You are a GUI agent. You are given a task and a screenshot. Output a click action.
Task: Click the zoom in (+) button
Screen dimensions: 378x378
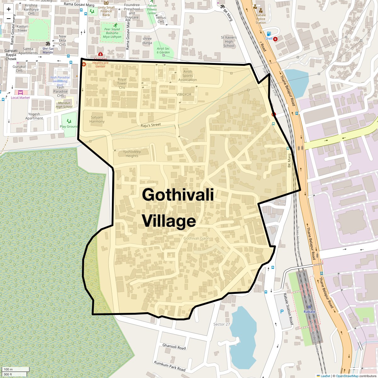pos(9,9)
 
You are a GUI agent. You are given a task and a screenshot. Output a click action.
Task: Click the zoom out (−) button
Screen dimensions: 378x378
pos(9,19)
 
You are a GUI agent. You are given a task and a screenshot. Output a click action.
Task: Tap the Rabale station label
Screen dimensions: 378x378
pos(309,312)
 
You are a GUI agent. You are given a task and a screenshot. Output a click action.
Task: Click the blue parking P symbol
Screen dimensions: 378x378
pos(282,312)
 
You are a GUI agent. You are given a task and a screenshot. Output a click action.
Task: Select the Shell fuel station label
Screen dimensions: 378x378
pos(269,38)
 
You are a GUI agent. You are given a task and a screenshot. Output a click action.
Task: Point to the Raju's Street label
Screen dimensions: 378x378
pos(151,125)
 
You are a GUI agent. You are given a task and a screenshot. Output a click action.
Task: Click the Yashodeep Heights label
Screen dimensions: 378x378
pos(132,154)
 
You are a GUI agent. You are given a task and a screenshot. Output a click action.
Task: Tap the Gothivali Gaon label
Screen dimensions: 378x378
pos(197,238)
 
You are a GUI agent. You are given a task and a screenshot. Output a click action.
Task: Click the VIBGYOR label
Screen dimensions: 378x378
pos(184,94)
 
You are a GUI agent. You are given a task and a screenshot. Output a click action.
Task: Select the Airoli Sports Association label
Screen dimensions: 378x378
pos(187,76)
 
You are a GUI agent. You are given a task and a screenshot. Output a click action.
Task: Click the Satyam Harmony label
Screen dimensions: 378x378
pos(97,119)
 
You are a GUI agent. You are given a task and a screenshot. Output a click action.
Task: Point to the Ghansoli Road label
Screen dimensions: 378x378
pos(174,346)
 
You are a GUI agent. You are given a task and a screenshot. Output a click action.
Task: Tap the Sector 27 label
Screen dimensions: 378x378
pos(222,324)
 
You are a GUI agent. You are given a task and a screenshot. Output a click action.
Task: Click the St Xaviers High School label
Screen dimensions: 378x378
pos(229,42)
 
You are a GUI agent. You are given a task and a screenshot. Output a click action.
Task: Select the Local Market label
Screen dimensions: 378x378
pos(20,98)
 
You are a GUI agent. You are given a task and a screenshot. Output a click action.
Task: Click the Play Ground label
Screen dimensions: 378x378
pos(69,126)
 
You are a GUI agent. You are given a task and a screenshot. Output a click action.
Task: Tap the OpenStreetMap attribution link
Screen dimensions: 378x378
pos(347,376)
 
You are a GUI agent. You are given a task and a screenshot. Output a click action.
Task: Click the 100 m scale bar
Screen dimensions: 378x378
pos(15,369)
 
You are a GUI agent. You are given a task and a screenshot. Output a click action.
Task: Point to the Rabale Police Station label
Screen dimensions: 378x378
pos(261,19)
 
